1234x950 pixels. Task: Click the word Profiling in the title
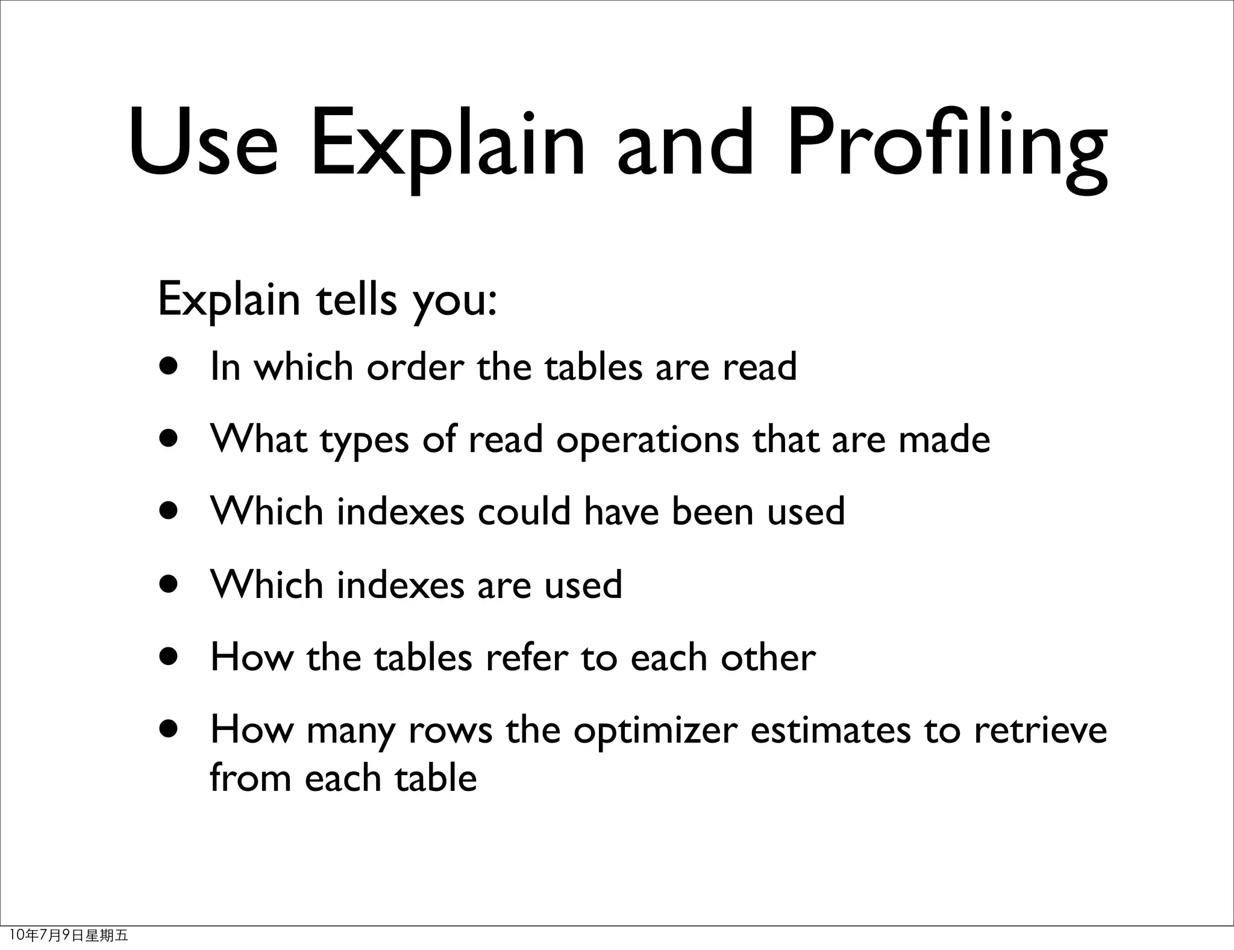(947, 145)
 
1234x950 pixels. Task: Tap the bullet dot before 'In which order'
(169, 367)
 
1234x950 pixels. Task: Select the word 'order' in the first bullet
(416, 367)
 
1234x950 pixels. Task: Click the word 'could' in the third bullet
(524, 512)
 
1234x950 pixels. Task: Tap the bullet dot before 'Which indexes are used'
(169, 584)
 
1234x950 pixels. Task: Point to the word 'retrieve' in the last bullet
(1041, 730)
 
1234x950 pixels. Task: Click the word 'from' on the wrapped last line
(250, 778)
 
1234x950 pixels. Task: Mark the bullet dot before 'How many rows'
(169, 730)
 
